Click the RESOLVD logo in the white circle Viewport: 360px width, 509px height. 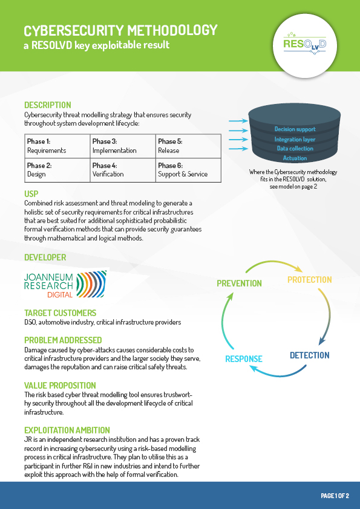(305, 44)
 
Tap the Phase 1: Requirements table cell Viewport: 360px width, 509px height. (57, 146)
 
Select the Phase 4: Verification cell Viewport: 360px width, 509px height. (123, 170)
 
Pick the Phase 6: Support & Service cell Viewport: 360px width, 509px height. (188, 170)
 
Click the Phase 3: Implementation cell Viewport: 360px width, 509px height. (123, 146)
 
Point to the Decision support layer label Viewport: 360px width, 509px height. (295, 129)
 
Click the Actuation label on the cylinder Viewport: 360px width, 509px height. (295, 158)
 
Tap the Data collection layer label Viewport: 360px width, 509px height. (295, 148)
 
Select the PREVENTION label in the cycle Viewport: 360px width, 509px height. (239, 284)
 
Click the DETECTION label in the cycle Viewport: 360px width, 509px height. (310, 355)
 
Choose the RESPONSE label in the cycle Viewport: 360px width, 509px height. (244, 358)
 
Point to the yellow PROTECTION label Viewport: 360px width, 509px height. (310, 279)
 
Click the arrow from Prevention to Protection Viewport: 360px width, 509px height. (273, 262)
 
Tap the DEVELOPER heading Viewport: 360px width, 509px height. (45, 258)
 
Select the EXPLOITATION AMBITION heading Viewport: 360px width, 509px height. (67, 430)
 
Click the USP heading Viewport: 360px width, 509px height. (31, 194)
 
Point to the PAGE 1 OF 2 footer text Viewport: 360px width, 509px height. (335, 496)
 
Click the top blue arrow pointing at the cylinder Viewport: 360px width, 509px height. (238, 121)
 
